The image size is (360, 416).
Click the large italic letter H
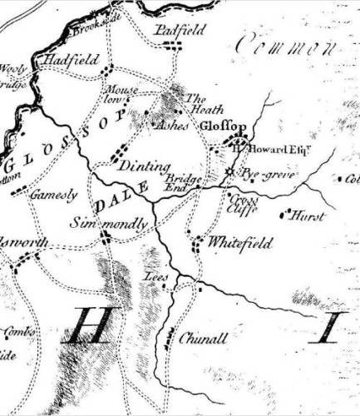[84, 325]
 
